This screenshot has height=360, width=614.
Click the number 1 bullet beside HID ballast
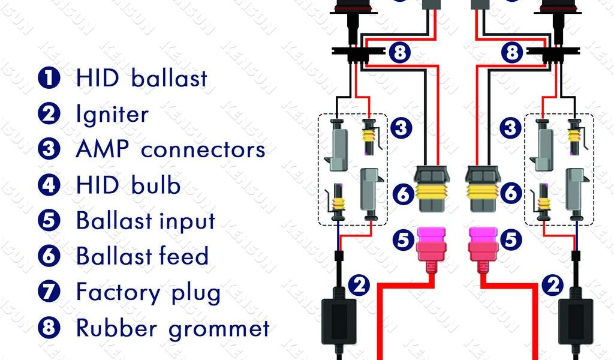pos(49,79)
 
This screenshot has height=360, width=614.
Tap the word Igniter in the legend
pos(112,114)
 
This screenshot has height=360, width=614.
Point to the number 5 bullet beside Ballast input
pos(49,221)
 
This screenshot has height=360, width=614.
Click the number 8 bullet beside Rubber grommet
pos(49,328)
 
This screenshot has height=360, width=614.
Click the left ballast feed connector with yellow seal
pos(431,188)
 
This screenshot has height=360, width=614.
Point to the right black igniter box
pos(576,321)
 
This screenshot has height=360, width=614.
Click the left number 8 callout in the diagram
pos(400,53)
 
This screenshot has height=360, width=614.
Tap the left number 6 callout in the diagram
pos(403,194)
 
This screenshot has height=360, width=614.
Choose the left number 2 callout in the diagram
pos(359,286)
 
